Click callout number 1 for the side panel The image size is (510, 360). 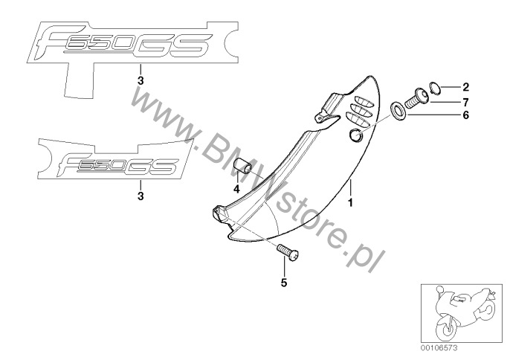click(x=350, y=202)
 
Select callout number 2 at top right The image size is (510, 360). click(x=466, y=87)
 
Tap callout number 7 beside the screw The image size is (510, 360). click(x=466, y=102)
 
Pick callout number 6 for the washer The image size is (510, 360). click(x=466, y=115)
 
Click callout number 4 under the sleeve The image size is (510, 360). click(x=236, y=189)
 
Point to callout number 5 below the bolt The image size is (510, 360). click(x=284, y=283)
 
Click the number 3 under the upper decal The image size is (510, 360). click(x=141, y=81)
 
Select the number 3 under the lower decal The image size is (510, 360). click(x=141, y=196)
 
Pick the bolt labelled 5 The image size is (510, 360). click(x=288, y=253)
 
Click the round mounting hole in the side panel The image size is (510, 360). click(x=356, y=135)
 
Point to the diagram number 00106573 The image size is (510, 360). click(x=439, y=348)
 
